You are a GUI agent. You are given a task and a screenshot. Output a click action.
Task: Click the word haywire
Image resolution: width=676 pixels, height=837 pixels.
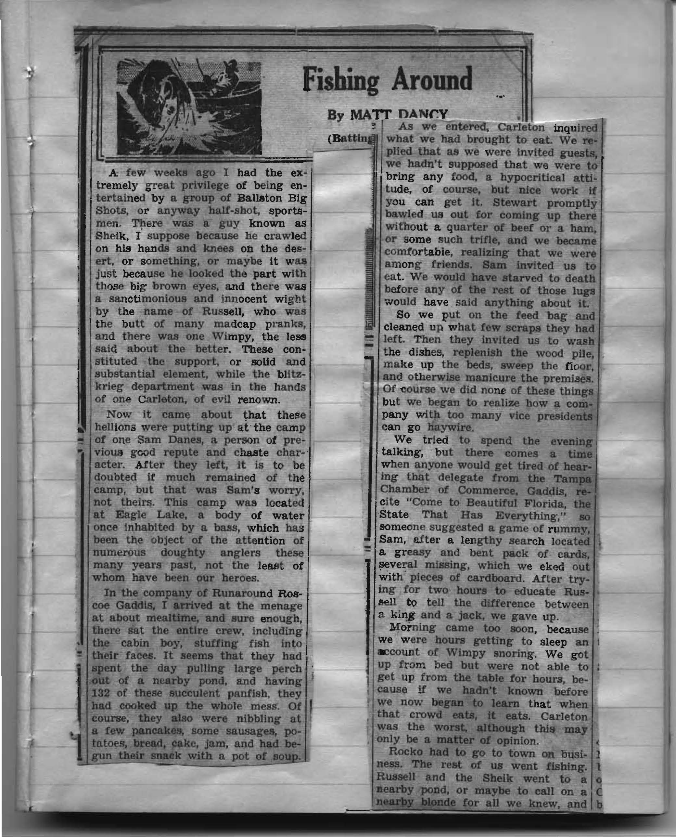click(451, 427)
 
